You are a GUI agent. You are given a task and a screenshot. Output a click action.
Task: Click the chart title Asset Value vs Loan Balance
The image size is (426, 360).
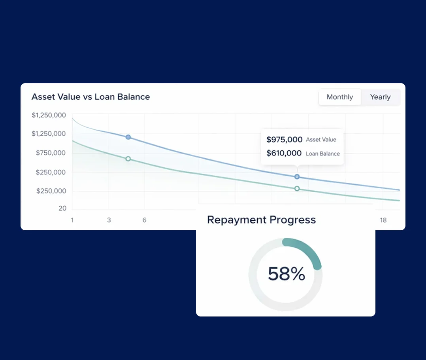(90, 97)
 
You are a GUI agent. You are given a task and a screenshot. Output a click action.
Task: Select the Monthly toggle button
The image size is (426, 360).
(340, 97)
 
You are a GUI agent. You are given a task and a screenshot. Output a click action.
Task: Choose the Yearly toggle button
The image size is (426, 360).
(380, 97)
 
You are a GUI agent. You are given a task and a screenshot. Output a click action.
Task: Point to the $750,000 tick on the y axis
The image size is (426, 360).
(51, 153)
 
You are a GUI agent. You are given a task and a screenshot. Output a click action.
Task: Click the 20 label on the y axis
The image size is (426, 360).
(62, 208)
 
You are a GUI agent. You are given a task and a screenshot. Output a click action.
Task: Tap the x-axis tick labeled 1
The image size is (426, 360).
(72, 220)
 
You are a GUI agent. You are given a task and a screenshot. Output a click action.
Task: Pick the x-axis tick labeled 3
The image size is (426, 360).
(109, 220)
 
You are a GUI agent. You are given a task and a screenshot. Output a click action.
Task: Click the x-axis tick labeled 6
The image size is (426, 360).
(144, 220)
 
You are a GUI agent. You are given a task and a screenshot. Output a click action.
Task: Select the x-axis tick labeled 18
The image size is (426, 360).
(383, 220)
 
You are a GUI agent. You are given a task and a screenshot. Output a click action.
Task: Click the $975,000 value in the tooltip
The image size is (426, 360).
(284, 140)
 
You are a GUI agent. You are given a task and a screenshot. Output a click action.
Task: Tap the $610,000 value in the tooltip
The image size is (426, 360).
(284, 153)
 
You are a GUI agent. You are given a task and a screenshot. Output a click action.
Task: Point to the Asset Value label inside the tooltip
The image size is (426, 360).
(321, 140)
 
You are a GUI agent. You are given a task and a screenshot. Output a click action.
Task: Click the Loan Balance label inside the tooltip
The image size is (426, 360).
(322, 154)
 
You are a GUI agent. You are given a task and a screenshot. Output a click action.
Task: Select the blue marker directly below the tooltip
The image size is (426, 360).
(297, 177)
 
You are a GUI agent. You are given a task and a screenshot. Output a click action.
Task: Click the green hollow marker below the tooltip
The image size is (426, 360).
(297, 189)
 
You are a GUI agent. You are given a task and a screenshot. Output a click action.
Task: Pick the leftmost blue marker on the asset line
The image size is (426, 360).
(128, 137)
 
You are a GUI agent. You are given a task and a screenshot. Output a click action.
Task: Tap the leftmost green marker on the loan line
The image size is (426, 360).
(128, 159)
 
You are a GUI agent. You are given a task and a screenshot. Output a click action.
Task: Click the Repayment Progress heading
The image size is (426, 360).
(261, 220)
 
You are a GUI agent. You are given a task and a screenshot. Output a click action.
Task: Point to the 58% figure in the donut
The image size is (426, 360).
(287, 274)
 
